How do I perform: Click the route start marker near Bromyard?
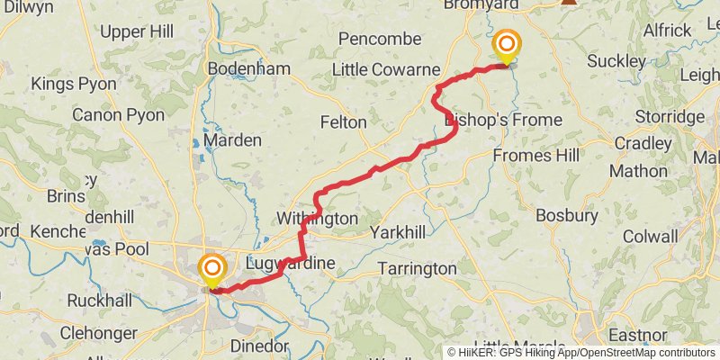tap(507, 45)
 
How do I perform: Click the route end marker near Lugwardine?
tap(212, 270)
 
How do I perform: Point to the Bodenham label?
tap(236, 68)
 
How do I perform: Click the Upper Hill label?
tap(137, 31)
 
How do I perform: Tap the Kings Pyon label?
tap(74, 84)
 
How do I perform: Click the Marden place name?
tap(231, 140)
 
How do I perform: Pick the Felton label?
tap(343, 121)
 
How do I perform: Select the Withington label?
tap(317, 219)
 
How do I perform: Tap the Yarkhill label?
tap(397, 233)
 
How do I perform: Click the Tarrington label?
tap(417, 268)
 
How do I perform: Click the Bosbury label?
tap(566, 215)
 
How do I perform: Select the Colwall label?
tap(650, 237)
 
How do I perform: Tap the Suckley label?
tap(616, 61)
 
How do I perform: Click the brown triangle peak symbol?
tap(568, 2)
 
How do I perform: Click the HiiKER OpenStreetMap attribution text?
tap(582, 352)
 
